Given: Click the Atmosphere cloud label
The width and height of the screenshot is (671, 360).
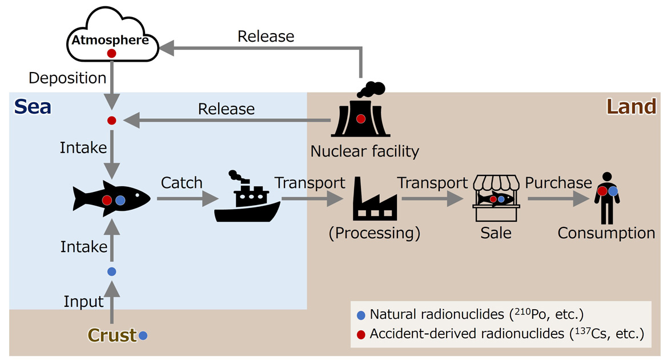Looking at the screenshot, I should click(x=110, y=41).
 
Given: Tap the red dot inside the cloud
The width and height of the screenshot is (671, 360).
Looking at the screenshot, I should click(x=112, y=53).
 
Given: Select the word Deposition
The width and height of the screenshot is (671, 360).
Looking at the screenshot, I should click(x=67, y=78).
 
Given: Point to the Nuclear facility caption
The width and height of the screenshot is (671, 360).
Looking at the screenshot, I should click(x=364, y=151).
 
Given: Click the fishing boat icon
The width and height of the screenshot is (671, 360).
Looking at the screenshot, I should click(x=246, y=198).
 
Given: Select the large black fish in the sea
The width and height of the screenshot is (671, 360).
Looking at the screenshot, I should click(x=111, y=199).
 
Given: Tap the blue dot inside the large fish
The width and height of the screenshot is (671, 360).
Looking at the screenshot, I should click(x=120, y=200).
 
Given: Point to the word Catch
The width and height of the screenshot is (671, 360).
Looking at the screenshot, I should click(x=182, y=183).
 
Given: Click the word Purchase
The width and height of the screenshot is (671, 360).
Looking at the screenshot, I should click(x=558, y=183).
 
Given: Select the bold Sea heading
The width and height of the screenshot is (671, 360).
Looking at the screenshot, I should click(x=33, y=106).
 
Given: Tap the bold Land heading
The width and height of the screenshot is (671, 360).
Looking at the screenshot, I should click(x=631, y=106).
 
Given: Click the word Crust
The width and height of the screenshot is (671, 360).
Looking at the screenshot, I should click(x=112, y=335).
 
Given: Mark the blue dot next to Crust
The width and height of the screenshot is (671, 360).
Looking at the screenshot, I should click(x=143, y=336).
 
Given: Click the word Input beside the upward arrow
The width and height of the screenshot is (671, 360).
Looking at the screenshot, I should click(x=83, y=301).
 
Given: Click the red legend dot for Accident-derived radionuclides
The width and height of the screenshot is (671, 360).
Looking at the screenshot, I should click(x=360, y=334).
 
